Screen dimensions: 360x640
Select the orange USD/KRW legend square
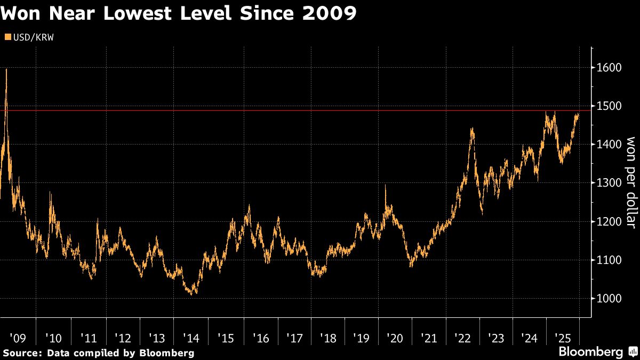tap(6, 37)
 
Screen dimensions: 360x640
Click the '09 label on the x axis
tap(18, 338)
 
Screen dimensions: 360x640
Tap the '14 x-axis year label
tap(191, 338)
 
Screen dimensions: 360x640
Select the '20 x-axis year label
tap(395, 338)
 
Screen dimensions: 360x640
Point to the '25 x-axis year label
tap(563, 338)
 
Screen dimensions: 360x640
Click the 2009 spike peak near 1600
tap(6, 70)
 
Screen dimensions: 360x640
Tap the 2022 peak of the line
tap(471, 129)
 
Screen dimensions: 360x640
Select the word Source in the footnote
tap(19, 353)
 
